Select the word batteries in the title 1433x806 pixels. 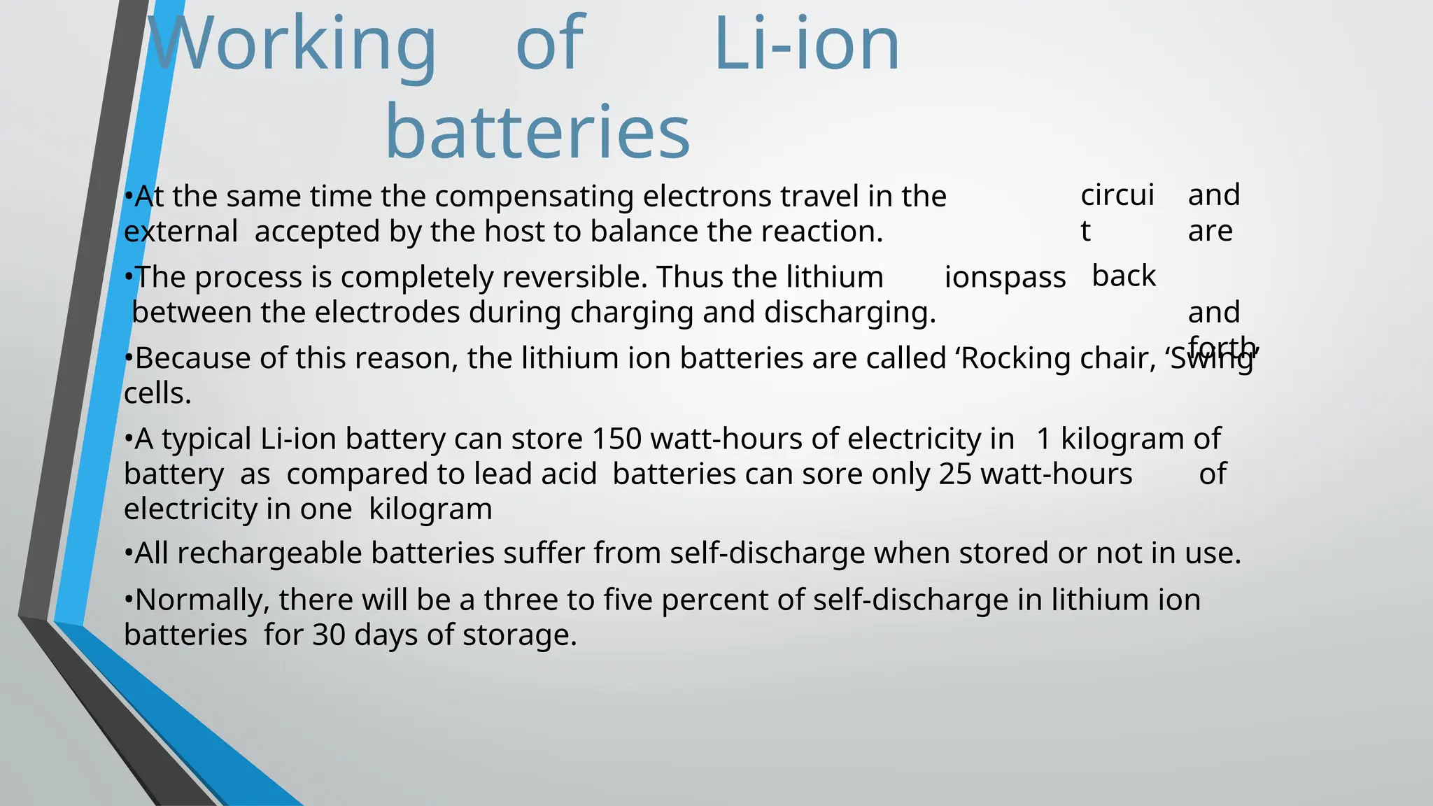pyautogui.click(x=537, y=132)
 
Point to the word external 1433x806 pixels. pyautogui.click(x=181, y=232)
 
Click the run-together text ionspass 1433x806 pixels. pyautogui.click(x=1005, y=278)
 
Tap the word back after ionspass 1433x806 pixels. pyautogui.click(x=1124, y=276)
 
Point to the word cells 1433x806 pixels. pyautogui.click(x=157, y=393)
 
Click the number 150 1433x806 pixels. pyautogui.click(x=616, y=439)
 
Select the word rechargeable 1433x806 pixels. pyautogui.click(x=273, y=553)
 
